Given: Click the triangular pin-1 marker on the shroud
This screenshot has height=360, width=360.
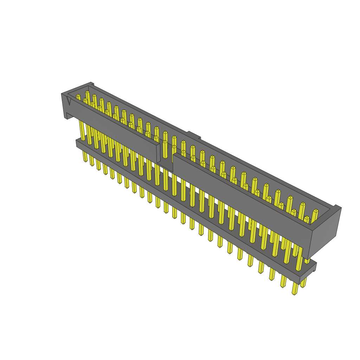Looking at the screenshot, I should point(68,101).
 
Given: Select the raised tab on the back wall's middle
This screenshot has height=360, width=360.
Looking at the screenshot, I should point(193,135).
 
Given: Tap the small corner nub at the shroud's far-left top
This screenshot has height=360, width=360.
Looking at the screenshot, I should point(92,84).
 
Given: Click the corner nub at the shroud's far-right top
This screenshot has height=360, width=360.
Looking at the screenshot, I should point(337,207).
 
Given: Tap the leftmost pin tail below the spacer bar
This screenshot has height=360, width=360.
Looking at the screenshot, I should point(85,157).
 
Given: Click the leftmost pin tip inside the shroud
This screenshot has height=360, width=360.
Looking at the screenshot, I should point(78,96).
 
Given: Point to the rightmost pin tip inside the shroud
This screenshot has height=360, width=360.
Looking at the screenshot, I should point(315,212).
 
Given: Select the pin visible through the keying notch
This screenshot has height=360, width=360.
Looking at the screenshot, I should point(165,149).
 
